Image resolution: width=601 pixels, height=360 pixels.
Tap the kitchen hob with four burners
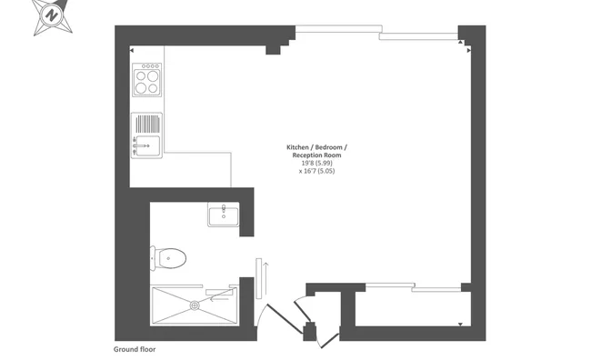click(147, 81)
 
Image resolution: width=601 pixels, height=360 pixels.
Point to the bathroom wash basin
click(223, 215)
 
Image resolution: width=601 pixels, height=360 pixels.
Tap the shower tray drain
click(193, 305)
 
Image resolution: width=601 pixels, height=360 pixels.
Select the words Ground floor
click(135, 349)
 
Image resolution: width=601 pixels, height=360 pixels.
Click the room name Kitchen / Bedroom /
click(316, 147)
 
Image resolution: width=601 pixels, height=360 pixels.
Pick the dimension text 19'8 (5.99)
click(316, 163)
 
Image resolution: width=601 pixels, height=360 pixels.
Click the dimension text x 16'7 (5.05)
click(316, 171)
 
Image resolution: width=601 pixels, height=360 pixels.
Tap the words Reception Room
click(316, 155)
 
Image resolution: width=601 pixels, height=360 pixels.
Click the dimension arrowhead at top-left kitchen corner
click(134, 50)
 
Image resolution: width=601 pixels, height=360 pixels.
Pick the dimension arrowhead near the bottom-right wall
click(463, 324)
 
